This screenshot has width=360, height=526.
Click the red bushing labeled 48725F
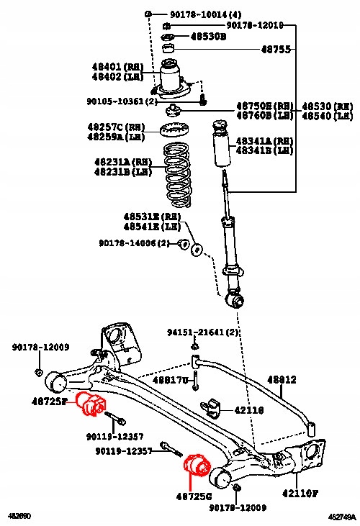coord(91,404)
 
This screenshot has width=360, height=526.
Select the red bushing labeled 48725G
coord(197,466)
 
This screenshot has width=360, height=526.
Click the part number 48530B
coord(208,36)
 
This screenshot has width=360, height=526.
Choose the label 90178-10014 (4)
coord(196,14)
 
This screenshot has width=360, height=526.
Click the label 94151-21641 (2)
coord(202,332)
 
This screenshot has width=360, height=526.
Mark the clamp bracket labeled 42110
coord(212,407)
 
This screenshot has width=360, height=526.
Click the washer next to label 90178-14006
coord(196,248)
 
